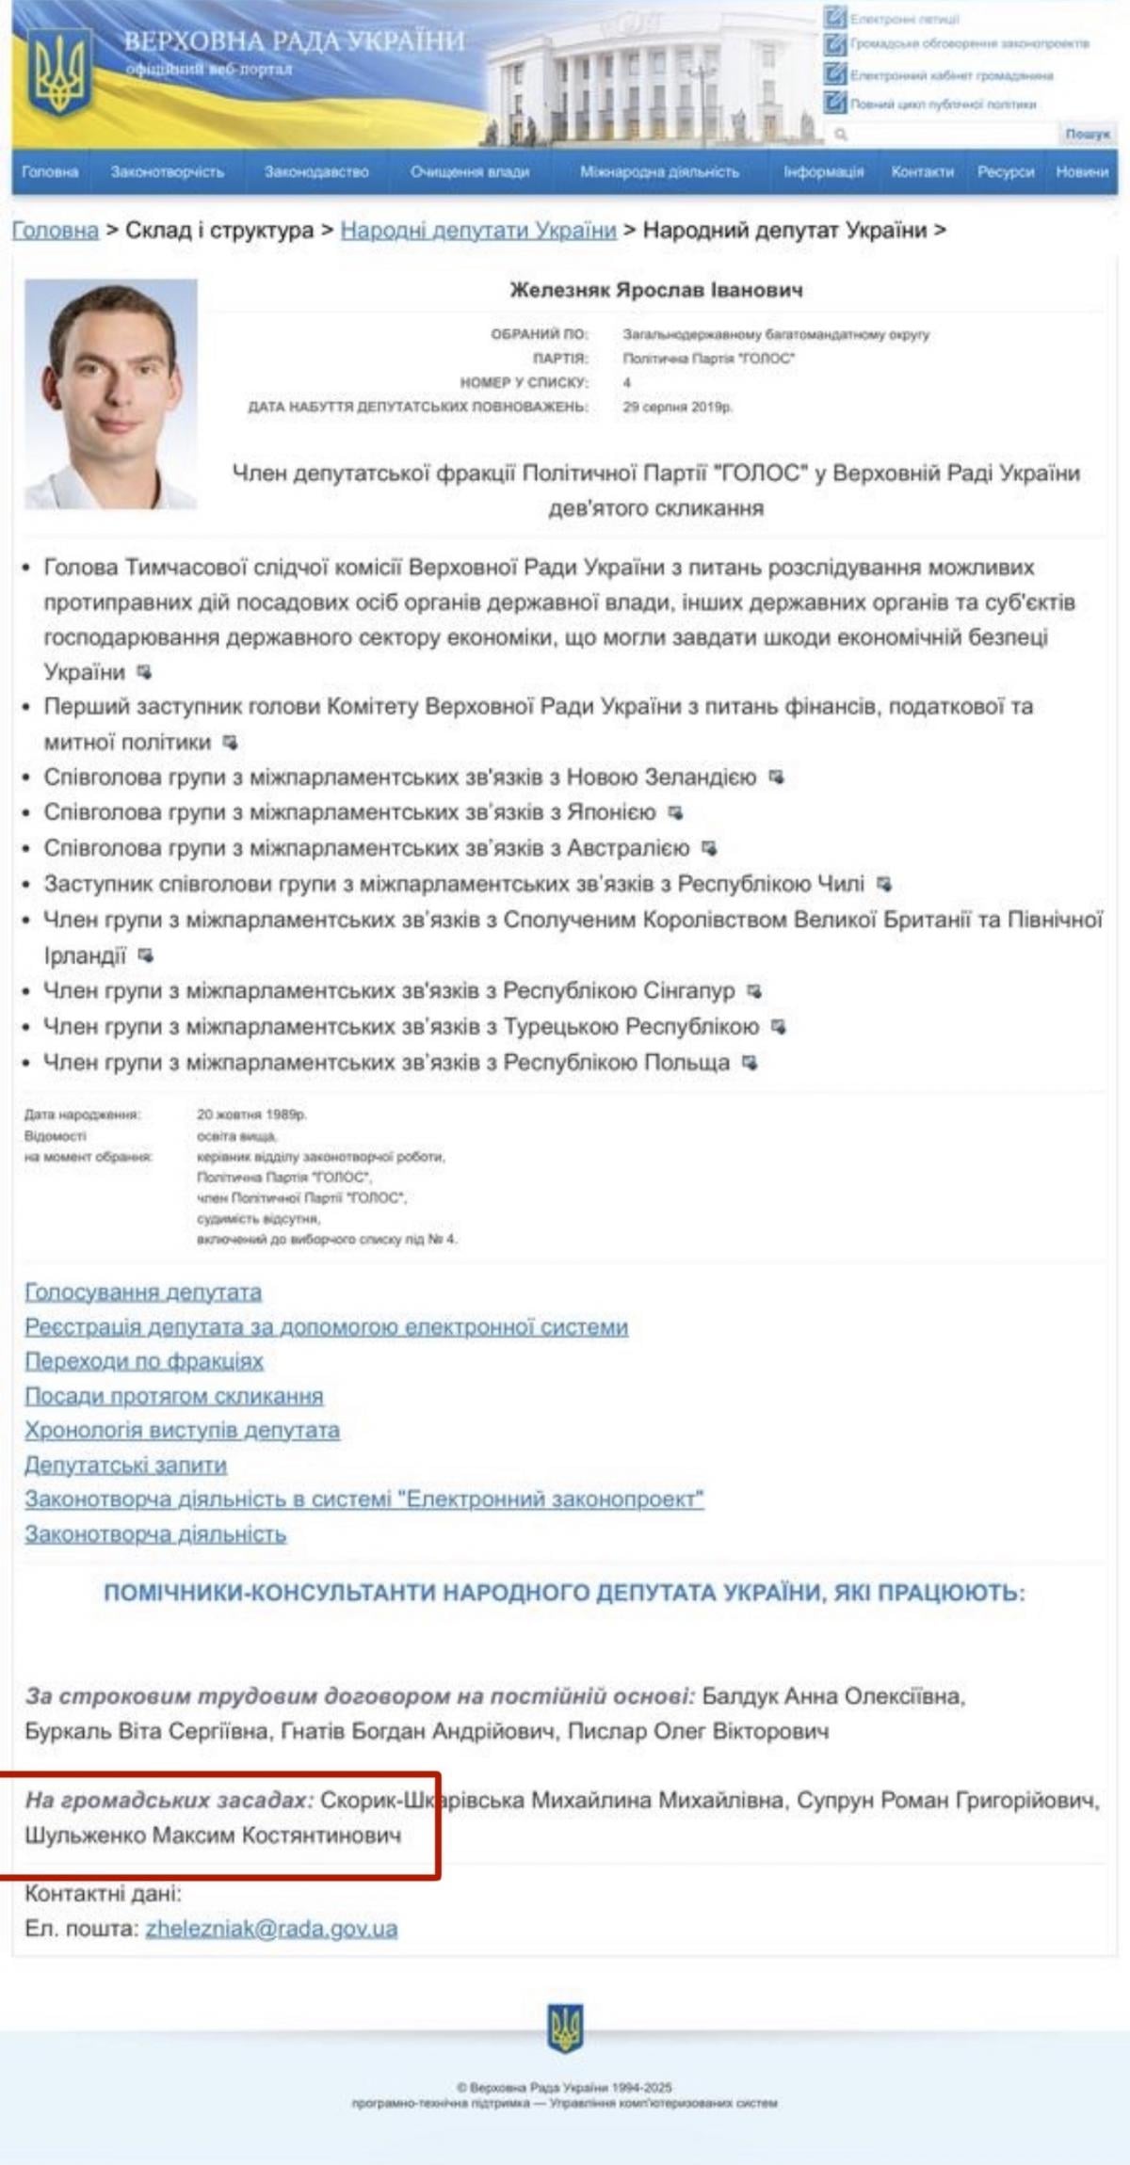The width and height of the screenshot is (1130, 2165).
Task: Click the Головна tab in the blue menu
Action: click(x=50, y=172)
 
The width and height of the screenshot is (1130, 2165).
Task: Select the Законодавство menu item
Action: click(x=316, y=172)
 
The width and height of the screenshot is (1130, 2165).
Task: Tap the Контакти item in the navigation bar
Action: click(x=922, y=172)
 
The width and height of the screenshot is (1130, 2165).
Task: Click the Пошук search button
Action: click(x=1088, y=135)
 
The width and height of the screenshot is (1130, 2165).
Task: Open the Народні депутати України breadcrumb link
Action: click(x=478, y=230)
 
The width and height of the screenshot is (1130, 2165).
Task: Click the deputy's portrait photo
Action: click(x=111, y=393)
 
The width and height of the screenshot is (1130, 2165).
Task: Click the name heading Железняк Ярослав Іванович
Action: click(x=656, y=290)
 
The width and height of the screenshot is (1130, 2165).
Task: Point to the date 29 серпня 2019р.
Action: click(x=677, y=407)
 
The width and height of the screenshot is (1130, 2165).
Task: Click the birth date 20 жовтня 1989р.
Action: click(x=251, y=1114)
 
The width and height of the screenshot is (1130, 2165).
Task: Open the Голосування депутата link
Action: click(x=143, y=1292)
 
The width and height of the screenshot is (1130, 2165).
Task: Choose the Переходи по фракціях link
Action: click(x=144, y=1361)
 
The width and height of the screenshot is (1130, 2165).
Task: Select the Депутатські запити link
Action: click(x=125, y=1465)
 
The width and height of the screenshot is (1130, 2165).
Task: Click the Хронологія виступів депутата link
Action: click(x=182, y=1430)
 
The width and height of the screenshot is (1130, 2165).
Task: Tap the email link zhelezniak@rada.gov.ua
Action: click(x=271, y=1929)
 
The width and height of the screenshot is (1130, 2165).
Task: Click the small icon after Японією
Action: click(x=675, y=812)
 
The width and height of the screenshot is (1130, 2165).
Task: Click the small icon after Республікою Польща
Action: click(x=750, y=1063)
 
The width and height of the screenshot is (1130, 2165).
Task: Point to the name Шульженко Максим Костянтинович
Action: click(x=213, y=1836)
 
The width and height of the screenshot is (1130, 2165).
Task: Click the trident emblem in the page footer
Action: click(x=565, y=2029)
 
